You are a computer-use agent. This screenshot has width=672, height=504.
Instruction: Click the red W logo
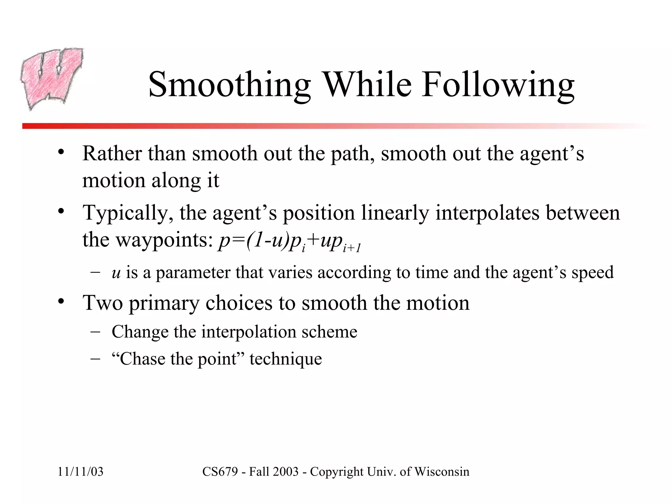pos(52,79)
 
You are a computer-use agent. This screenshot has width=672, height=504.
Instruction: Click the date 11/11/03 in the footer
pos(80,472)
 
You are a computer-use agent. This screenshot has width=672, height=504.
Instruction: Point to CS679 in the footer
pos(220,472)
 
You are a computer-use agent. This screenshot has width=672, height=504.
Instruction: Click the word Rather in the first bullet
pos(112,153)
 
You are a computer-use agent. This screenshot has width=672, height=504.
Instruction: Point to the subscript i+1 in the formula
pos(351,248)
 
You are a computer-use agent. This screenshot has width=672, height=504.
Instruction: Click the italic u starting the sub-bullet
pos(116,273)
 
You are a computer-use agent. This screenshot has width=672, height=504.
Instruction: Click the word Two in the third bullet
pos(102,303)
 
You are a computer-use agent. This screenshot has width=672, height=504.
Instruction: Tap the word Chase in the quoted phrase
pos(142,359)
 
